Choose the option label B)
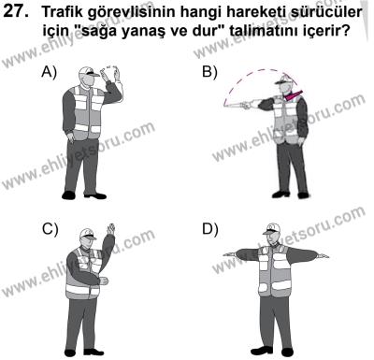(209, 72)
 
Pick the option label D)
(209, 227)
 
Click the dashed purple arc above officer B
(262, 73)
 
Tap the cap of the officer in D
(274, 227)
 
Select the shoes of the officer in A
(89, 194)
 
